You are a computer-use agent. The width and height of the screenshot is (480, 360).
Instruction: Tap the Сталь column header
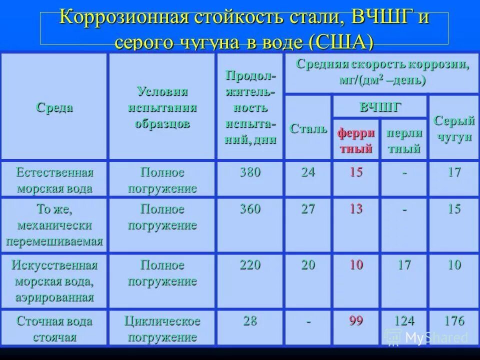pos(308,128)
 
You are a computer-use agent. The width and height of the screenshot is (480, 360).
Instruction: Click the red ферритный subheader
pos(355,140)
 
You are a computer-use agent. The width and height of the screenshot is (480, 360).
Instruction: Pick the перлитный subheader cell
pos(403,140)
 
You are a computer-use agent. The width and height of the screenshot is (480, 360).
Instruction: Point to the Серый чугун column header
pos(454,128)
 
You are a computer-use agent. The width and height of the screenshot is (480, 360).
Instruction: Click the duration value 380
pos(250,172)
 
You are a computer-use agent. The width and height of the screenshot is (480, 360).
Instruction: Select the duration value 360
pos(250,209)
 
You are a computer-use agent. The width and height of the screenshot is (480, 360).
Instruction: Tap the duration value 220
pos(250,265)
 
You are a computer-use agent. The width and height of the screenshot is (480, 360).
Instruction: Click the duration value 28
pos(250,321)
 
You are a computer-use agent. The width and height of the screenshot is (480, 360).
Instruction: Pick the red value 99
pos(356,321)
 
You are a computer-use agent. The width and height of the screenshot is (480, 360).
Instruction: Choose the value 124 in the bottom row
pos(404,321)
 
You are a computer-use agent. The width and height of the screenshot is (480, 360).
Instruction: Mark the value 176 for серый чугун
pos(454,321)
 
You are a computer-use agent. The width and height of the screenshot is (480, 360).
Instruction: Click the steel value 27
pos(308,209)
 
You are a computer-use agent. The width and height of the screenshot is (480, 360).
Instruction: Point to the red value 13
pos(356,209)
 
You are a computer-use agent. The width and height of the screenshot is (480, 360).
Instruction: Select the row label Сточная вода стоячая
pos(54,328)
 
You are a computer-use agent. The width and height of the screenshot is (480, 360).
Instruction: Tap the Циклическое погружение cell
pos(162,328)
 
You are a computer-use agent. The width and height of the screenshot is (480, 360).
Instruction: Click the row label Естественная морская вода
pos(54,180)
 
